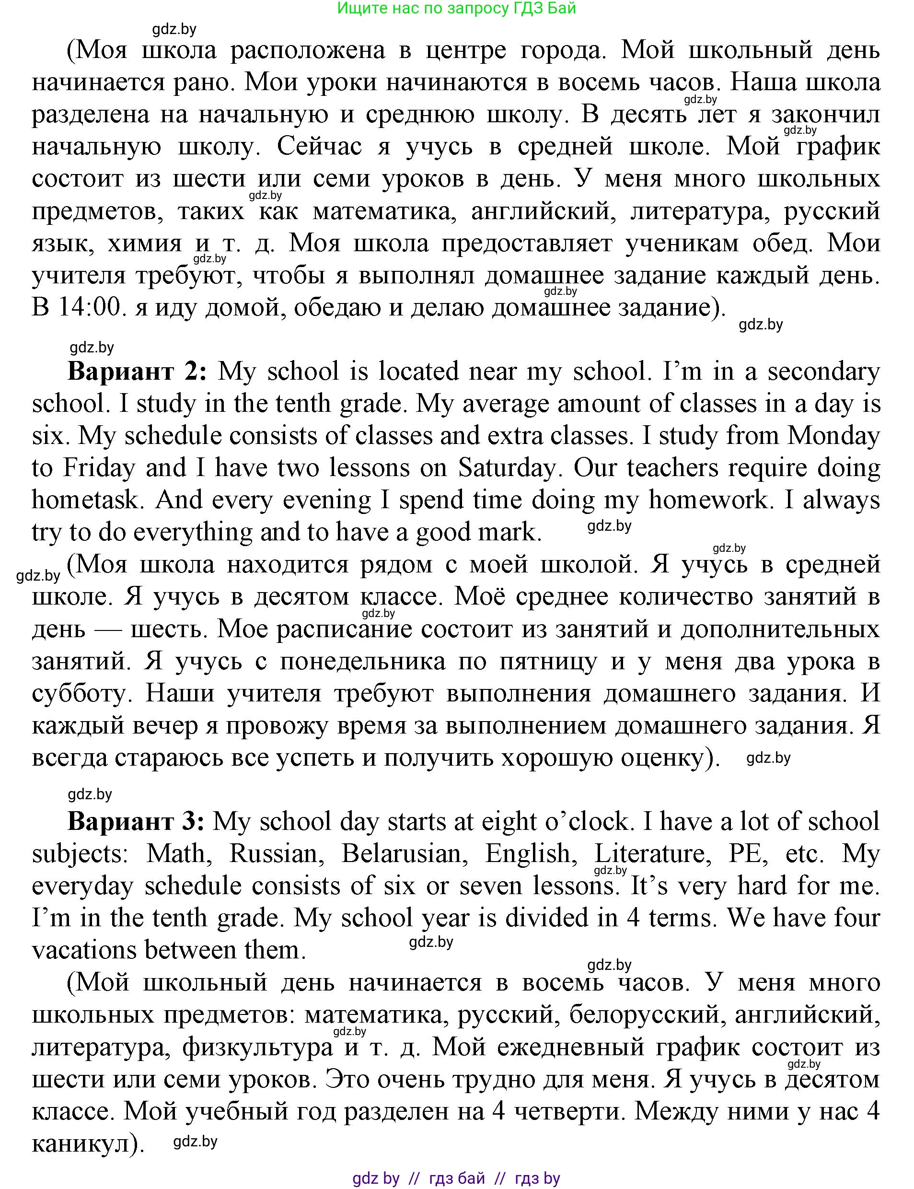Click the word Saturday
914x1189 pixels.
pyautogui.click(x=506, y=468)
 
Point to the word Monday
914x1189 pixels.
pyautogui.click(x=833, y=436)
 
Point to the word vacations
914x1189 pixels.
pyautogui.click(x=84, y=950)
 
